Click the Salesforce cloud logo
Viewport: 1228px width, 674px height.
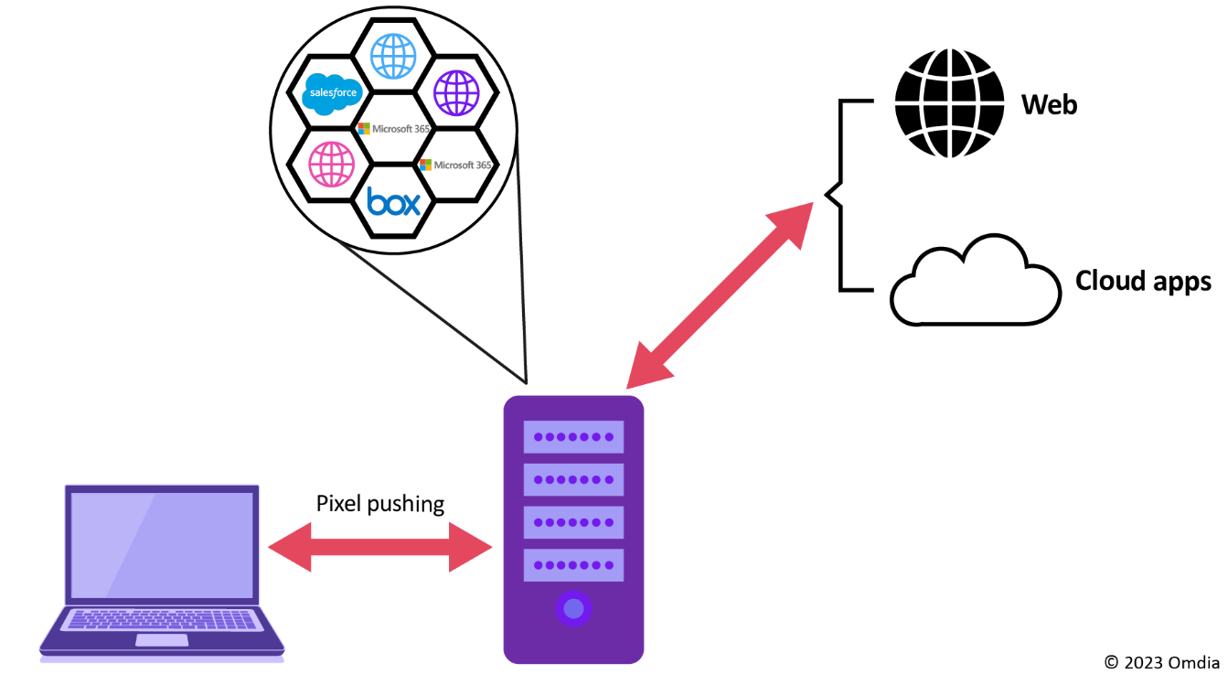click(x=334, y=92)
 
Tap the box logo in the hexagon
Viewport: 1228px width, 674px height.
click(x=393, y=200)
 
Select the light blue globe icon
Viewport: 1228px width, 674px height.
click(x=393, y=57)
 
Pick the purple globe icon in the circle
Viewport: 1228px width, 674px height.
click(x=456, y=92)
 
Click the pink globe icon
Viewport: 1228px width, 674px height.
click(x=331, y=165)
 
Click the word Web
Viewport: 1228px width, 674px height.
click(x=1050, y=104)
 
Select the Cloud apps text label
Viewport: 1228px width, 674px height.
click(x=1143, y=280)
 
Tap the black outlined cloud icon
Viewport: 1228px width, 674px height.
click(x=975, y=282)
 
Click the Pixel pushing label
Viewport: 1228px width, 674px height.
click(x=380, y=503)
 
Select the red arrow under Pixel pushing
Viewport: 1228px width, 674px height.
click(x=380, y=547)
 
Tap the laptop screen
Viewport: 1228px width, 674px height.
click(x=162, y=544)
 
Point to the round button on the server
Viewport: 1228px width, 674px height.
click(x=573, y=608)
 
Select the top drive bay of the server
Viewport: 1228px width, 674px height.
click(x=573, y=436)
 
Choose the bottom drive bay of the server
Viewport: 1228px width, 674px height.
click(x=573, y=565)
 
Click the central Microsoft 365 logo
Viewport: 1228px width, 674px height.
click(x=393, y=129)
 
